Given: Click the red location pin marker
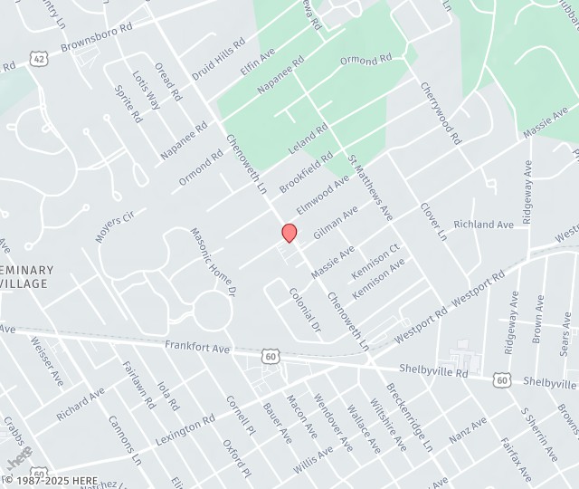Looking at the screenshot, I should click(289, 232).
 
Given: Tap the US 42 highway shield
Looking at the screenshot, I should click(39, 59).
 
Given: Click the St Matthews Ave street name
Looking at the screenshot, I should click(371, 187).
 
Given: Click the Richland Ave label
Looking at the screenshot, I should click(483, 224).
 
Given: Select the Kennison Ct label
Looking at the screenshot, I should click(375, 262).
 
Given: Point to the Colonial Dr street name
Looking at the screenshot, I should click(305, 310).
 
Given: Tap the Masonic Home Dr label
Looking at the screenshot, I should click(213, 263).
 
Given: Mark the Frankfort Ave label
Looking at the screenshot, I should click(197, 347).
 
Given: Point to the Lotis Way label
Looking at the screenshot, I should click(146, 91).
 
